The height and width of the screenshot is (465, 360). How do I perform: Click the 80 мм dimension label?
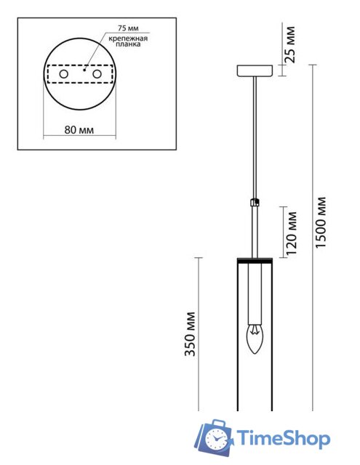(79, 131)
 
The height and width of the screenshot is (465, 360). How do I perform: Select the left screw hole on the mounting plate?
(63, 75)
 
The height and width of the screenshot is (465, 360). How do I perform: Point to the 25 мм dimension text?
(292, 43)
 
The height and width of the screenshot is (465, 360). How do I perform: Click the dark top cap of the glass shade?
(255, 259)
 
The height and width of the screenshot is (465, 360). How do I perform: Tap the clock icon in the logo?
(217, 439)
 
